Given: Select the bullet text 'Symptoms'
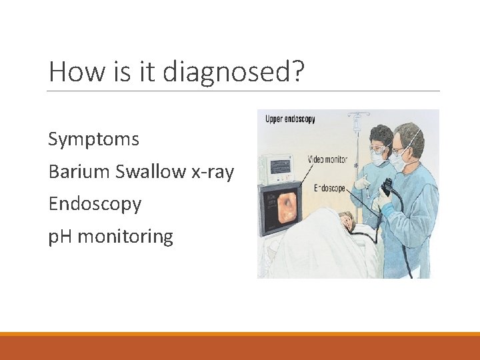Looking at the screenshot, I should (x=93, y=140).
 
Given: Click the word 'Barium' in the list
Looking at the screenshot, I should (x=79, y=172).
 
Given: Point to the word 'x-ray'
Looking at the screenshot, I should (x=213, y=172).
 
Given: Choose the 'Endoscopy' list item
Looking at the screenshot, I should (x=95, y=204).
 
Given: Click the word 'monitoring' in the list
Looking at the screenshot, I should (x=125, y=236).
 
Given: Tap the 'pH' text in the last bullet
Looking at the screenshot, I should (x=61, y=237).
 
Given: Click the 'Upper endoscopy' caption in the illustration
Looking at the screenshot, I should (x=290, y=119).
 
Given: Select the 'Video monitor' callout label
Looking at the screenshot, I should (x=327, y=159).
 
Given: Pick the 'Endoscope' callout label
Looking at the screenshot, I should (x=329, y=189).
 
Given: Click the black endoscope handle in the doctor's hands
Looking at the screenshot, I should (x=387, y=187).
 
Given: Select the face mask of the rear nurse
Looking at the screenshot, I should (x=378, y=158).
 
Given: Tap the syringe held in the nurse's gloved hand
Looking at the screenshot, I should (x=364, y=181).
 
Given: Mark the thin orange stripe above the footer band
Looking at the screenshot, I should (x=240, y=333).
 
